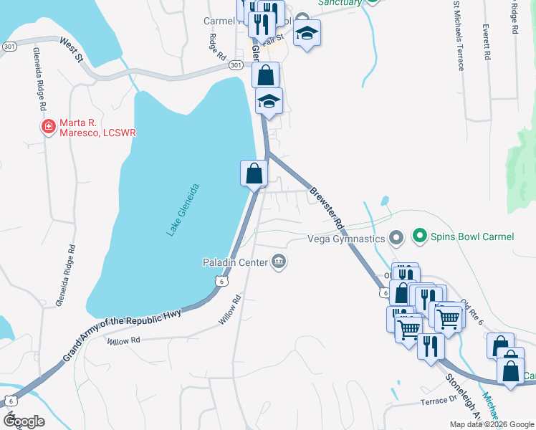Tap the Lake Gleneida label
click(183, 210)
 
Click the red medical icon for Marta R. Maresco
click(48, 128)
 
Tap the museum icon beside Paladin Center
click(279, 262)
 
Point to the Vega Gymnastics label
click(346, 238)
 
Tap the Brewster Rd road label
click(327, 208)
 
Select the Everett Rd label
click(486, 42)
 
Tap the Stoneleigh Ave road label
click(461, 394)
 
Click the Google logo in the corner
click(24, 421)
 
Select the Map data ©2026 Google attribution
click(491, 424)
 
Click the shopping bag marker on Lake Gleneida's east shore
click(254, 173)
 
